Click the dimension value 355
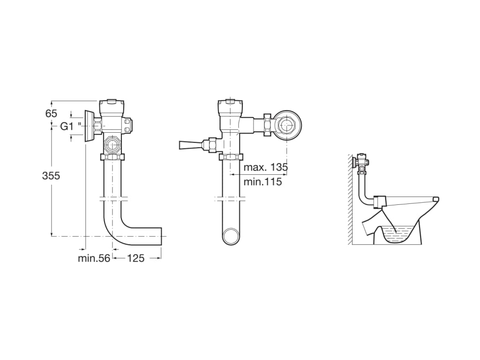pyautogui.click(x=51, y=176)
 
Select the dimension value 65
pyautogui.click(x=51, y=113)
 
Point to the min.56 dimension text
pyautogui.click(x=94, y=258)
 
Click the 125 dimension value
pyautogui.click(x=136, y=258)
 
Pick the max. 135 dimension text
pyautogui.click(x=266, y=167)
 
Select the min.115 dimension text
pyautogui.click(x=263, y=182)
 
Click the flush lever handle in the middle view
pyautogui.click(x=189, y=144)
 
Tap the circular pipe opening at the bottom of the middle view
pyautogui.click(x=231, y=236)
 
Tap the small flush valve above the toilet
pyautogui.click(x=362, y=162)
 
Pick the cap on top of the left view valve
pyautogui.click(x=112, y=102)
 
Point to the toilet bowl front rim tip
pyautogui.click(x=436, y=199)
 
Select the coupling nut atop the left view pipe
pyautogui.click(x=112, y=157)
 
